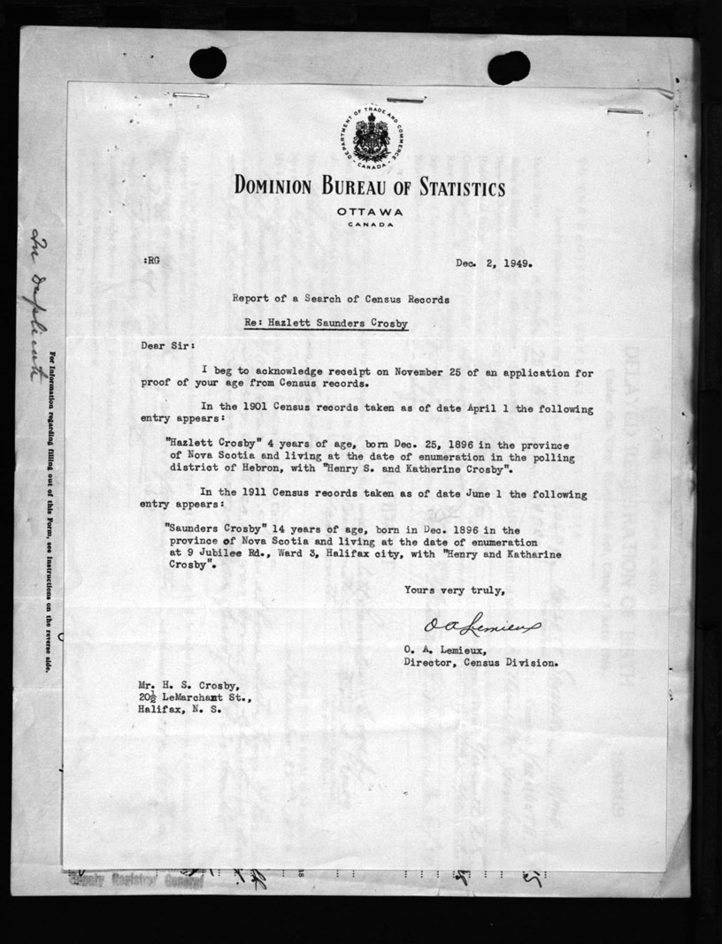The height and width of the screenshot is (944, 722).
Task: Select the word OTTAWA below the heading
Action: point(369,212)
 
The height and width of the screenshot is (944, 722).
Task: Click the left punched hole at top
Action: point(208,62)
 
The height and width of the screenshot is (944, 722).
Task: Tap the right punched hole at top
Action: point(509,67)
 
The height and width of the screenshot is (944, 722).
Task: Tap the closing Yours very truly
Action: point(455,590)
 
